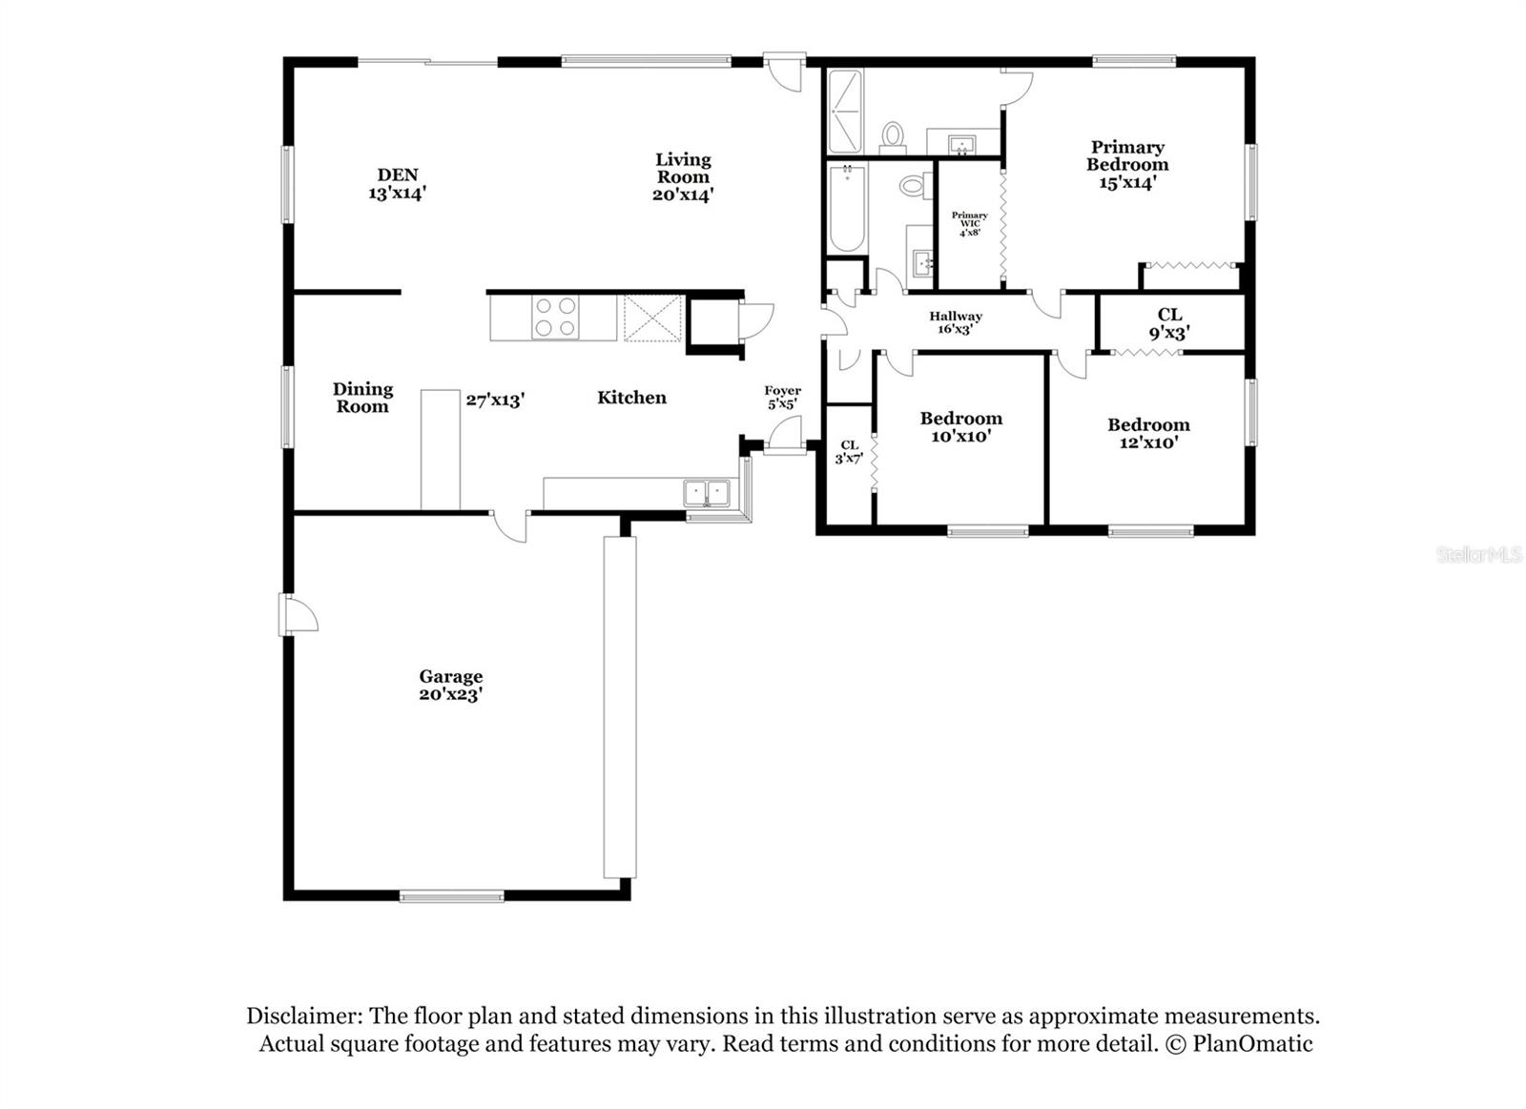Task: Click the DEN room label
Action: tap(397, 175)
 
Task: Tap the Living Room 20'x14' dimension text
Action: tap(683, 195)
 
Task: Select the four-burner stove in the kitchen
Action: tap(554, 317)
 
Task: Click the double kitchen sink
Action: tap(706, 493)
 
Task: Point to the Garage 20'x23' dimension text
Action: tap(450, 695)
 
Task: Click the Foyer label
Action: tap(782, 391)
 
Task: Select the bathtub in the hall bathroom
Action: tap(846, 207)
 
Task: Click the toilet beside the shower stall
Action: tap(893, 136)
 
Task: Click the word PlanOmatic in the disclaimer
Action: tap(1252, 1044)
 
